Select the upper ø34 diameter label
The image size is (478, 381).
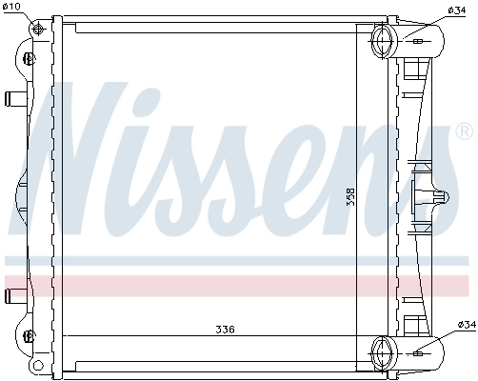(456, 10)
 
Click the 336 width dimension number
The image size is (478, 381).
(224, 330)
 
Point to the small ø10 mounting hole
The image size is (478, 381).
(38, 28)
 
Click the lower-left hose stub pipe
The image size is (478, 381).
(14, 292)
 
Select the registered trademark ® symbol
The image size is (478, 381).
(465, 130)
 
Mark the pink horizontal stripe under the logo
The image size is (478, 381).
(238, 283)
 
